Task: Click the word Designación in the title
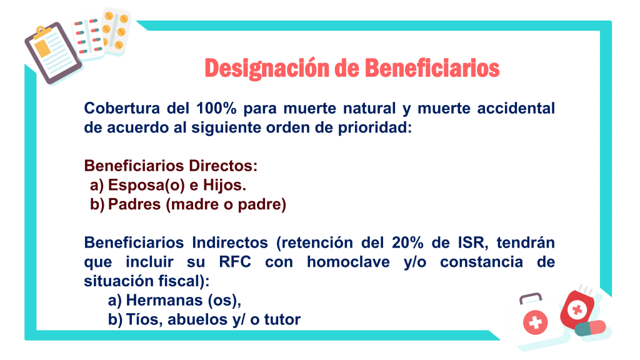click(x=266, y=69)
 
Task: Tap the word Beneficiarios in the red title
click(x=432, y=67)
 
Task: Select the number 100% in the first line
click(x=216, y=108)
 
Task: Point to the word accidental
click(x=516, y=108)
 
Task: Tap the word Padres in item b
click(x=134, y=204)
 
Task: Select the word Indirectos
click(x=230, y=242)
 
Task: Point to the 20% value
click(x=407, y=242)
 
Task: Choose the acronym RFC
click(x=235, y=262)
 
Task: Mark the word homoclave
click(x=348, y=262)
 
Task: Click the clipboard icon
click(x=52, y=53)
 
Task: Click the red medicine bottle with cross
click(x=578, y=309)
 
